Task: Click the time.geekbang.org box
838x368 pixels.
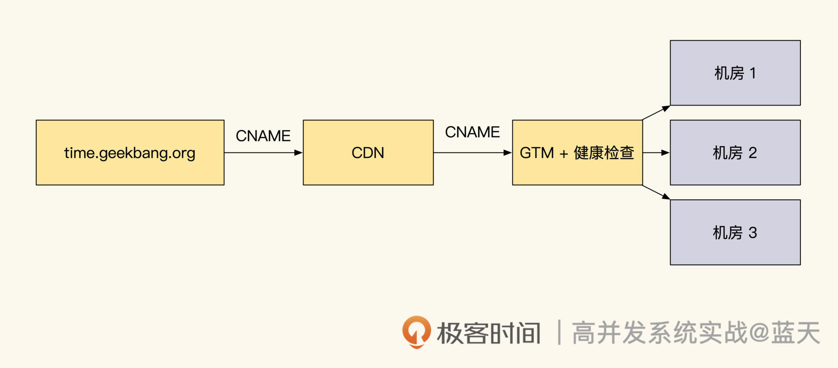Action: (130, 153)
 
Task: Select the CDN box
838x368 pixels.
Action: (368, 153)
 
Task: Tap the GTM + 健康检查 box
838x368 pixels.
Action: (577, 153)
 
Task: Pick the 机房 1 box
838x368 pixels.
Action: (735, 73)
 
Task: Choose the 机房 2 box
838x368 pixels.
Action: (735, 153)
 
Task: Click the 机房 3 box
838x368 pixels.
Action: (735, 232)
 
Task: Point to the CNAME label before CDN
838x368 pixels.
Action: (263, 136)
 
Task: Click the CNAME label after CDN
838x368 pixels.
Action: (472, 132)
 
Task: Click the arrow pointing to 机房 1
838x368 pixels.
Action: (656, 112)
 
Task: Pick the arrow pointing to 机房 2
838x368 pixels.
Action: (656, 153)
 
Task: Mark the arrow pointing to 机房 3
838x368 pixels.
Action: (656, 192)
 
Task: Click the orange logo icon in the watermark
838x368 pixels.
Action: (416, 332)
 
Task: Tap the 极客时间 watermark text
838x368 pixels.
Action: (489, 333)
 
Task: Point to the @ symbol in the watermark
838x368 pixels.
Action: (759, 333)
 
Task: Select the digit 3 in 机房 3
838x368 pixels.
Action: (752, 233)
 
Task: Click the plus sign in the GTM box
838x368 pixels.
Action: (563, 153)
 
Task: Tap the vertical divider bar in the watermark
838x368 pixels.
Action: (559, 332)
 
